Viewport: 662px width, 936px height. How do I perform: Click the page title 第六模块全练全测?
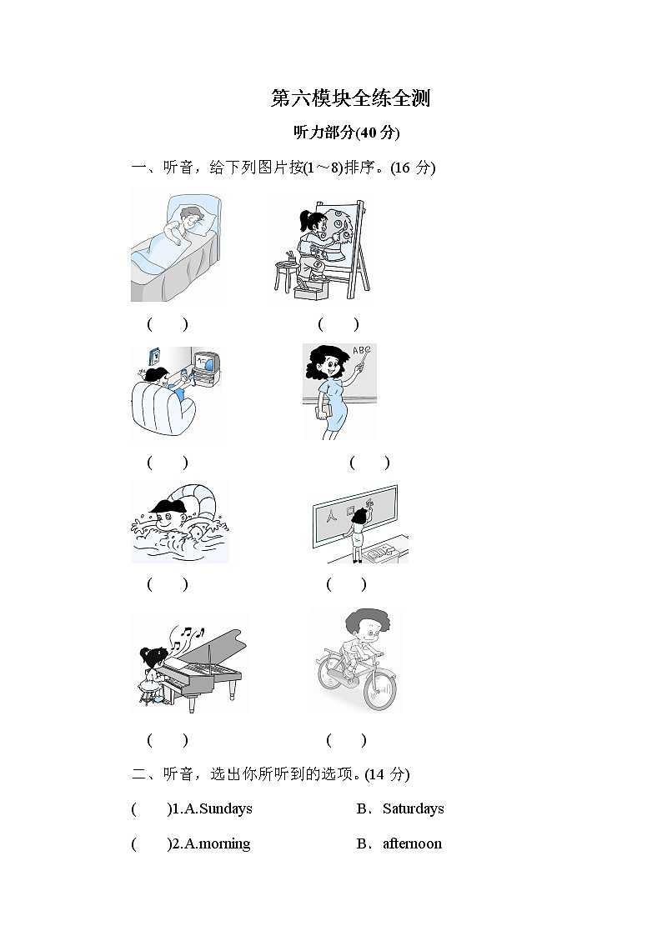(x=350, y=98)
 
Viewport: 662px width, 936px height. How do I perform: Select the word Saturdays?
(x=413, y=808)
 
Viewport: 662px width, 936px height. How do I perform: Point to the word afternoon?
(x=412, y=843)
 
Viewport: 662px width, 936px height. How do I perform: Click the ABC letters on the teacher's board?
(x=361, y=352)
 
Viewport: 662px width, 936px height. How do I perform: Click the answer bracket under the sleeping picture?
(x=168, y=323)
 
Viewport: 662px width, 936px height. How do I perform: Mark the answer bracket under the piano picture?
(x=168, y=739)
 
